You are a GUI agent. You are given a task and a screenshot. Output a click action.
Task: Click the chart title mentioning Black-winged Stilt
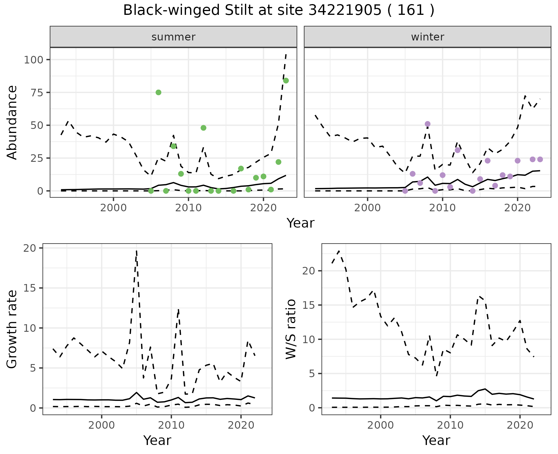pos(279,10)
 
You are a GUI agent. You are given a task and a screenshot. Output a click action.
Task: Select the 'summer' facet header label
pos(174,37)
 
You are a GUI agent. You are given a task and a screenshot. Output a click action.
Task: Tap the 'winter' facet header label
pos(428,37)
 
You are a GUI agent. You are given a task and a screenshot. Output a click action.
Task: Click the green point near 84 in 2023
pos(286,81)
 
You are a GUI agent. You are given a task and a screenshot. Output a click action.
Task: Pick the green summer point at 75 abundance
pos(158,92)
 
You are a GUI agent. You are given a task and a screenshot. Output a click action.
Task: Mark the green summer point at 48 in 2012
pos(203,128)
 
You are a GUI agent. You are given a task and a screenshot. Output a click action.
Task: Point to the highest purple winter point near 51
pos(428,124)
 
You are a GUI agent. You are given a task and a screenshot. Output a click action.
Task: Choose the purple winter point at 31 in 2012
pos(458,150)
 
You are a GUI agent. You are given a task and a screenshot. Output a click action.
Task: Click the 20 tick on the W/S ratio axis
pos(309,271)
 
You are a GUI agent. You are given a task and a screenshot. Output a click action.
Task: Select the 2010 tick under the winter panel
pos(443,208)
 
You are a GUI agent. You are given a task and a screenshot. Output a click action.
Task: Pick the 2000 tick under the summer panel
pos(113,208)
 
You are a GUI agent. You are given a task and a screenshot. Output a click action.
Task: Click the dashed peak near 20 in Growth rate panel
pos(136,251)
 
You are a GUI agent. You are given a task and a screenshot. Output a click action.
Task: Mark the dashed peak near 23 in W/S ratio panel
pos(339,251)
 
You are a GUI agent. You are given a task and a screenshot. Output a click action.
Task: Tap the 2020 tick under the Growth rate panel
pos(241,425)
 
